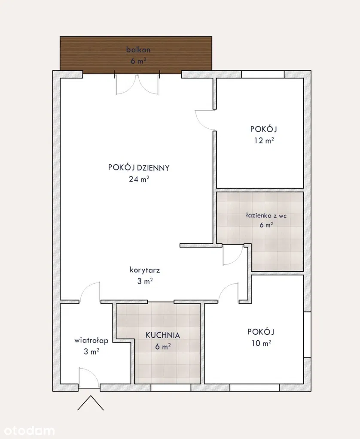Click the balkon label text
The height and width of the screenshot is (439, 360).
point(138,50)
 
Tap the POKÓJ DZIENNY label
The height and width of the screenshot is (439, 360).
point(139,168)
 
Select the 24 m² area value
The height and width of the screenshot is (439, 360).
point(139,179)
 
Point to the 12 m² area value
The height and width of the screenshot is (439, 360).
point(264,140)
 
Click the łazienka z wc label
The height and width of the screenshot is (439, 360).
point(266,215)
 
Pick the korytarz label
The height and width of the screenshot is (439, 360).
point(145,270)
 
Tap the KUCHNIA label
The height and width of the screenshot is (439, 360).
point(163,335)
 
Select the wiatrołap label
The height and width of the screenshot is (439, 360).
point(92,340)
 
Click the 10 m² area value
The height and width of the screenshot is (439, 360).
point(261,343)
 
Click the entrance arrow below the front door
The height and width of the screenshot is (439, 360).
point(91,403)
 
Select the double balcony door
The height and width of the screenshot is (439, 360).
point(137,84)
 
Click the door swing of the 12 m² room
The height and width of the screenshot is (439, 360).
point(205,120)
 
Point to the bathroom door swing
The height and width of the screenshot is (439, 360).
point(233,255)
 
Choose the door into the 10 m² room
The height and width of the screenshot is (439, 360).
point(229,293)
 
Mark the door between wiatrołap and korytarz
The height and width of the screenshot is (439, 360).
point(90,293)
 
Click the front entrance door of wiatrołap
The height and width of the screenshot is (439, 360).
point(89,378)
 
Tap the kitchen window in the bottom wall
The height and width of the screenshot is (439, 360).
point(171,388)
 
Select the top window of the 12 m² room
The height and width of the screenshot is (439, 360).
point(263,74)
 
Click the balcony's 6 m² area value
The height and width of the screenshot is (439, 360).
point(138,61)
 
